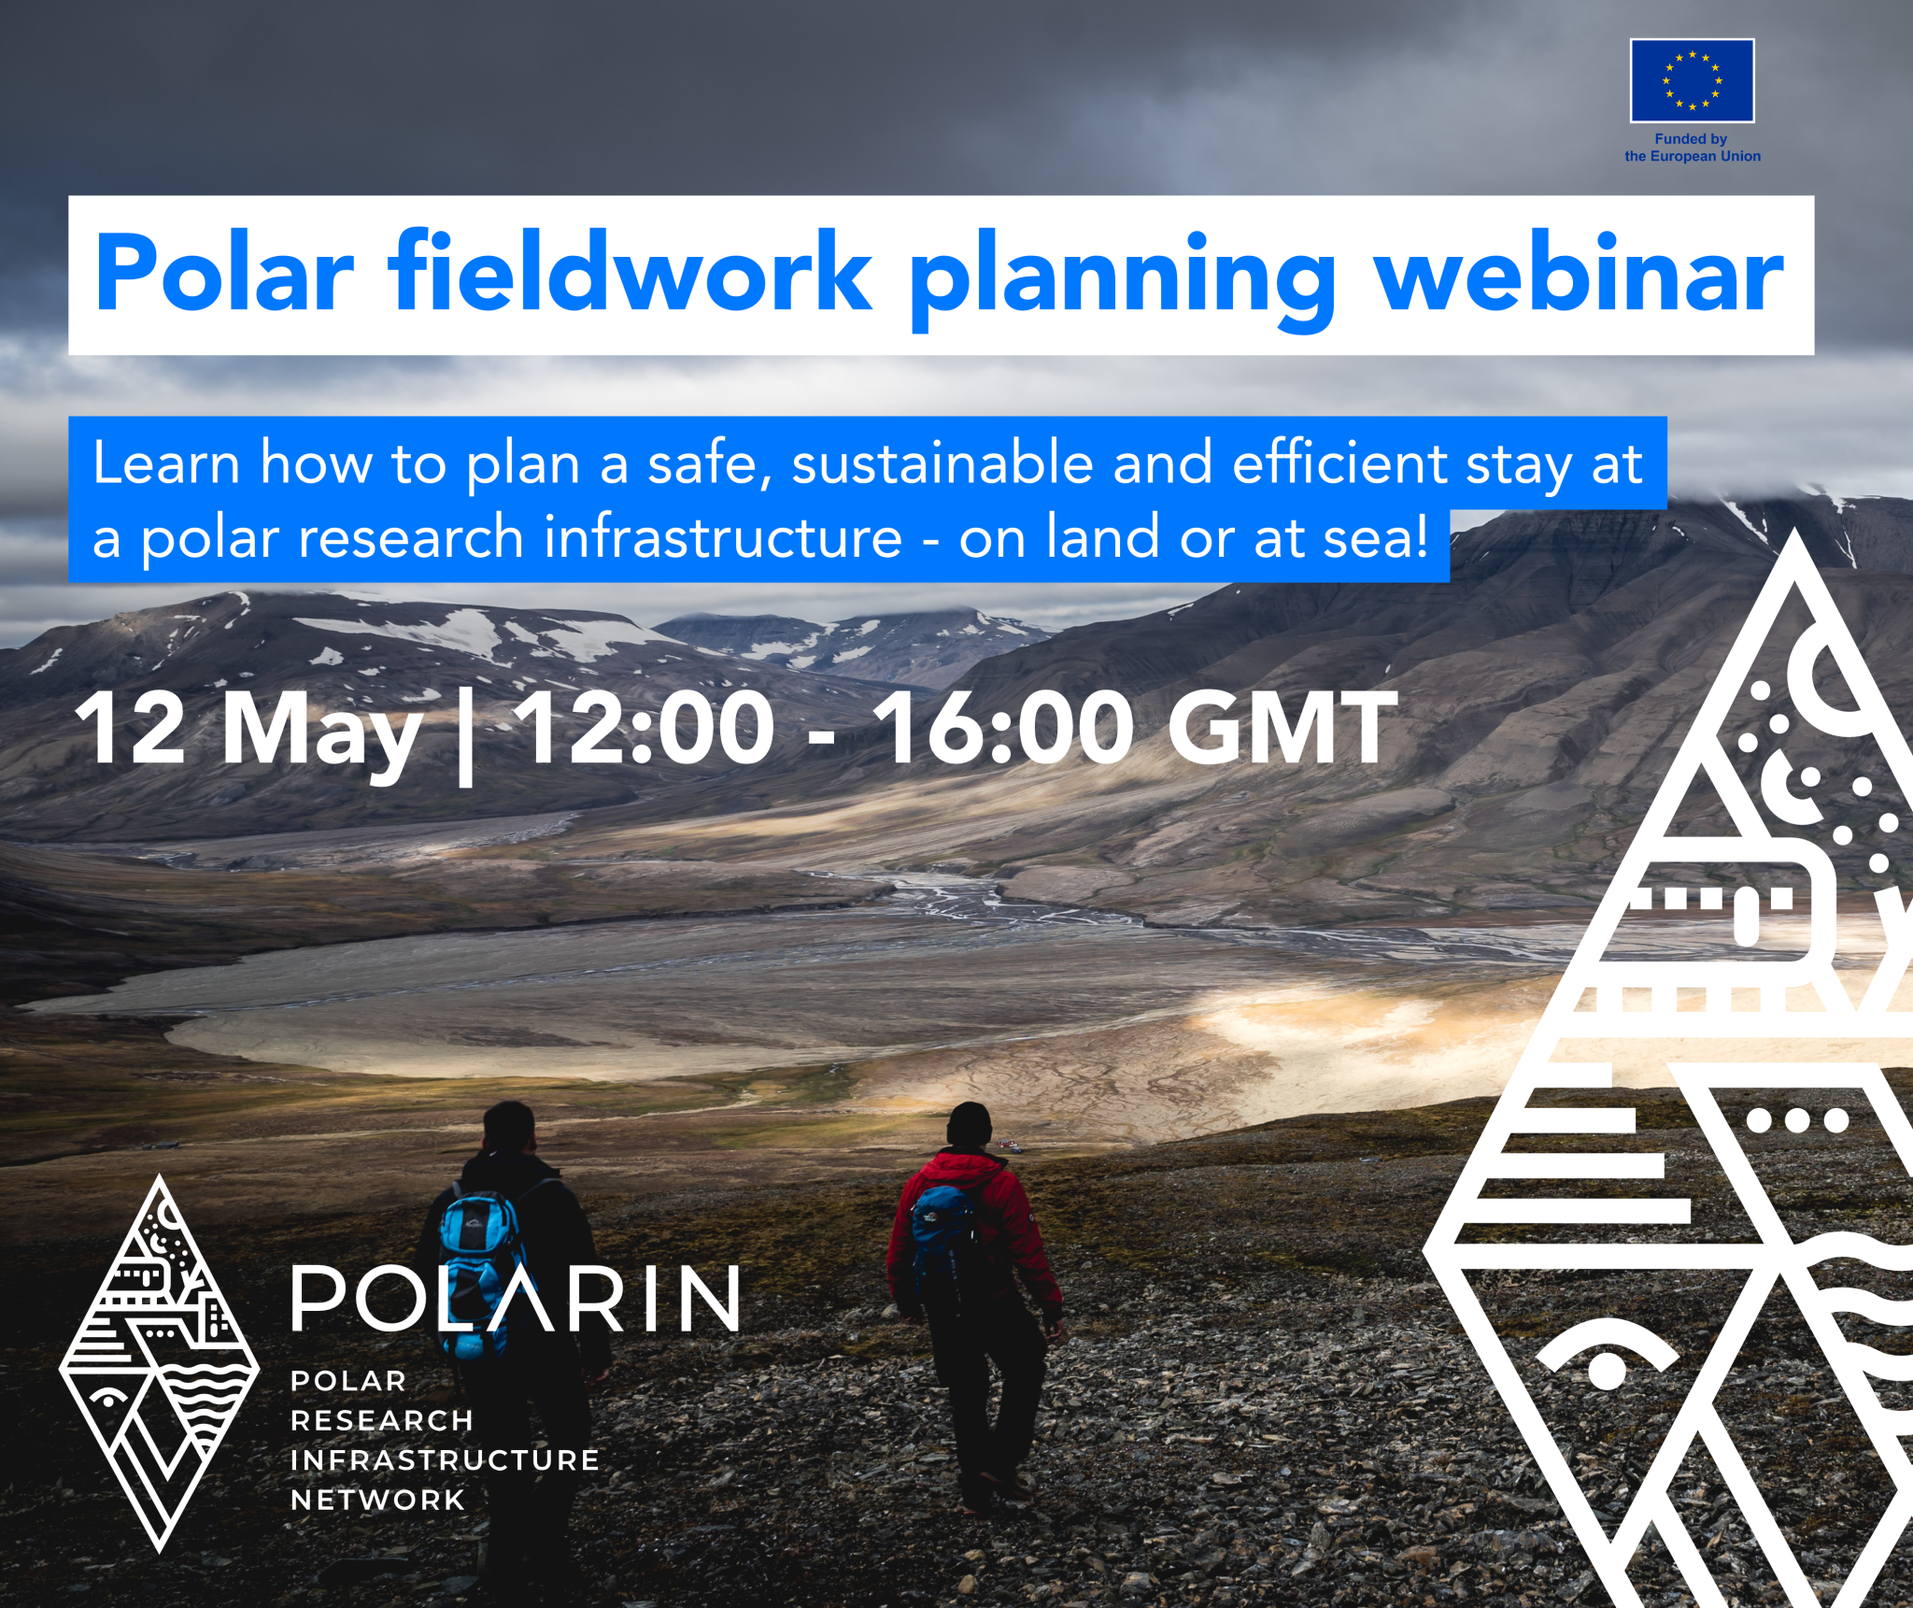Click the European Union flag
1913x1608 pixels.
(1692, 80)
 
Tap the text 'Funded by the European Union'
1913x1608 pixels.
(1692, 148)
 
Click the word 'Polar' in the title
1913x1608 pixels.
(224, 273)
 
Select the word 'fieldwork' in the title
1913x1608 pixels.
(631, 273)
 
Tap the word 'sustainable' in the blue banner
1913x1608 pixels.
(942, 463)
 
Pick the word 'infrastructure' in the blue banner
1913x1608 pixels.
(723, 538)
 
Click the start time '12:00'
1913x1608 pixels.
(644, 729)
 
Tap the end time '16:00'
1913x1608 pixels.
(1003, 729)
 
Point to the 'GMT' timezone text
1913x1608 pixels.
(1282, 729)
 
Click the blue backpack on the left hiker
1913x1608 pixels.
(478, 1252)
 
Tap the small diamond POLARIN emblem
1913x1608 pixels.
(159, 1364)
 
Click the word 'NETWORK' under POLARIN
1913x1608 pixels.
(377, 1501)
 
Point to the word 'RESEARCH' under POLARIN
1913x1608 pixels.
(381, 1421)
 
